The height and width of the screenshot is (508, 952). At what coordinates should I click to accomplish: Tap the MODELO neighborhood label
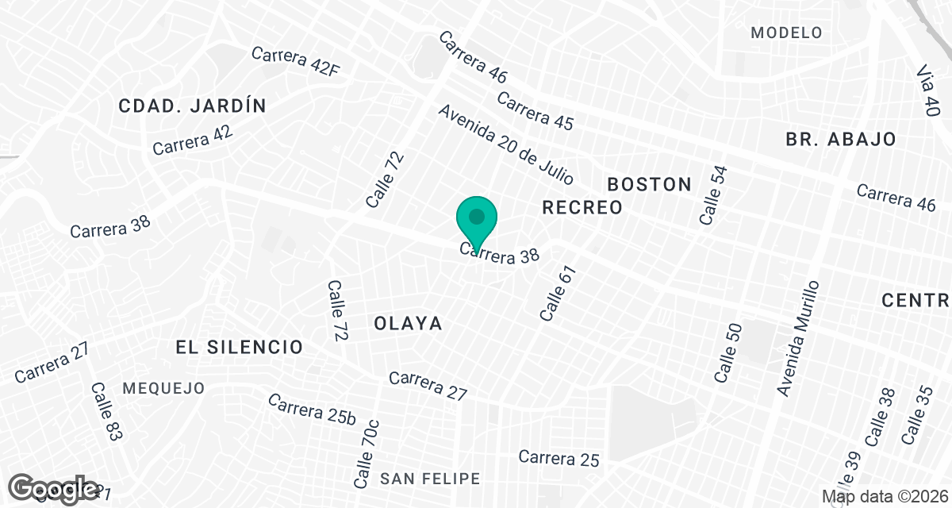(x=786, y=33)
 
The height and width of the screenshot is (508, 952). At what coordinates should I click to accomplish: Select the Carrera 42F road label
(x=295, y=62)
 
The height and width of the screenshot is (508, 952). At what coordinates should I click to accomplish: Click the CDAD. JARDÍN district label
(x=192, y=106)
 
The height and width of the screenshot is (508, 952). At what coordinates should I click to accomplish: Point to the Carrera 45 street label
(x=535, y=110)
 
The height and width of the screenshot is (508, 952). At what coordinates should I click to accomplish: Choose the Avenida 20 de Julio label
(x=505, y=144)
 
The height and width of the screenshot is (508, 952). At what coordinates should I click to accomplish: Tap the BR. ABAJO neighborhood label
(x=841, y=139)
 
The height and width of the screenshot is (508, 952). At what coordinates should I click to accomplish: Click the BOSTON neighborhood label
(x=649, y=184)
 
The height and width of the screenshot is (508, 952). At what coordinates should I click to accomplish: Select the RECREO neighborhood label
(x=582, y=208)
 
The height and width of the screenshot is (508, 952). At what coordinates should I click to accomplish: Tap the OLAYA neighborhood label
(x=407, y=324)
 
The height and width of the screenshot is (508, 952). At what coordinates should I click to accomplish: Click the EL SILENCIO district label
(x=240, y=347)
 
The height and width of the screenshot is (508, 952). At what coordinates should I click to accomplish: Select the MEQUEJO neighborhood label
(x=164, y=388)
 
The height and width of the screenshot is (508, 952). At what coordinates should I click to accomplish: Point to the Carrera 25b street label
(x=312, y=408)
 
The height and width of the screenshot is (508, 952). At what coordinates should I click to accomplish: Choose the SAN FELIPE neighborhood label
(x=430, y=479)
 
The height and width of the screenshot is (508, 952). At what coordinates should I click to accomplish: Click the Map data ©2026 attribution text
(x=884, y=496)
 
